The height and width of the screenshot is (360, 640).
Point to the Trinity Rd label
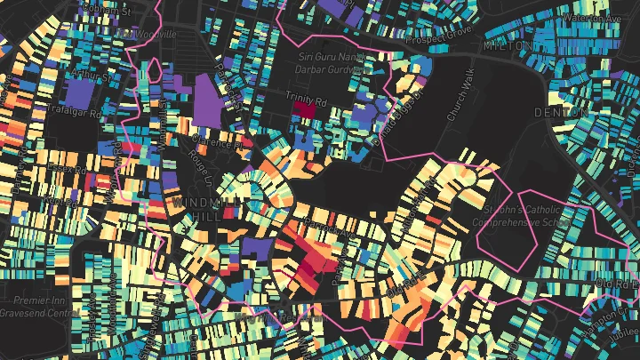pos(306,93)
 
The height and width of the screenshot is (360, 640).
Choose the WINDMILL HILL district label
pos(192,211)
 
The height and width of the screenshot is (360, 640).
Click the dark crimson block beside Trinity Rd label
pos(304,109)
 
